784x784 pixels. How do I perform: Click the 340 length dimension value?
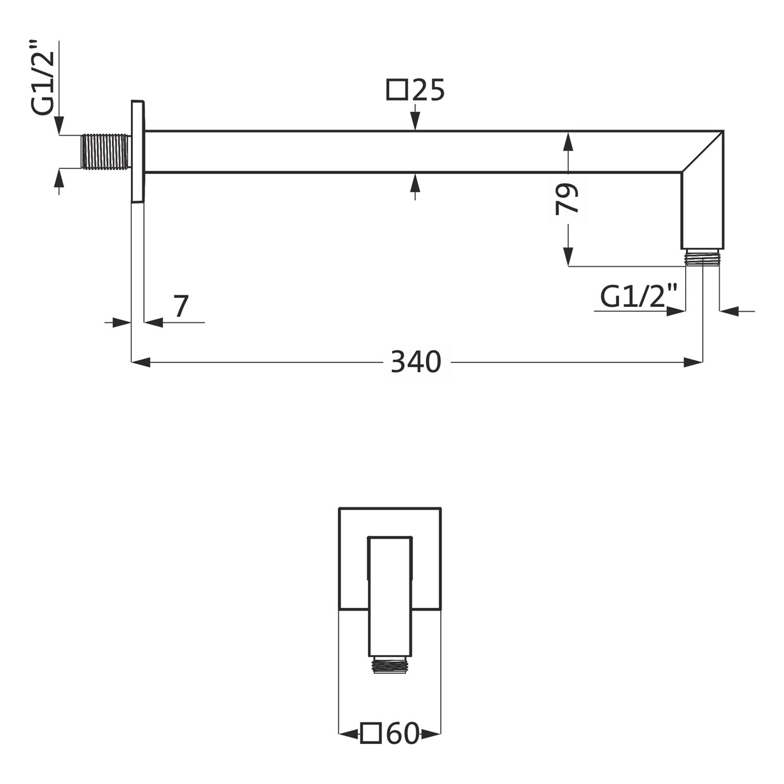(416, 362)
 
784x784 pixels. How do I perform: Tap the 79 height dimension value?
(568, 199)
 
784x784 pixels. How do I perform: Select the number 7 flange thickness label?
(180, 306)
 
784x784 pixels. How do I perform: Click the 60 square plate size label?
(403, 734)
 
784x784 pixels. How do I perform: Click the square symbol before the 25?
(397, 89)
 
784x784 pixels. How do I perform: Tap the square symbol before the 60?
(371, 733)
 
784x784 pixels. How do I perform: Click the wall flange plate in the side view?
(137, 151)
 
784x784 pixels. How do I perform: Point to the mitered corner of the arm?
(702, 152)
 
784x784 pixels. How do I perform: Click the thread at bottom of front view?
(390, 665)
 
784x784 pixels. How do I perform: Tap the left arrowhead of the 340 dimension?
(141, 362)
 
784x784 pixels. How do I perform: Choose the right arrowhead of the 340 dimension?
(693, 362)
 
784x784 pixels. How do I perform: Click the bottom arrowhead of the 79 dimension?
(568, 257)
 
